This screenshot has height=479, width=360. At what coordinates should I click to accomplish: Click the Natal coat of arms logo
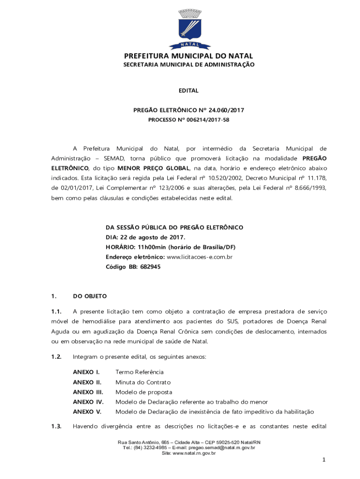click(x=188, y=29)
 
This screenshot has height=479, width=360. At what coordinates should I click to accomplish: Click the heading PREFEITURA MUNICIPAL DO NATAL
click(x=188, y=57)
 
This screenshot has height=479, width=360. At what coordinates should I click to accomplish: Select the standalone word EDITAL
click(x=188, y=91)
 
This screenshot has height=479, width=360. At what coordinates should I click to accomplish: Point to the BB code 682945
click(x=150, y=267)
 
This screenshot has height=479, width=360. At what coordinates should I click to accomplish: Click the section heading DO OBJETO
click(x=90, y=296)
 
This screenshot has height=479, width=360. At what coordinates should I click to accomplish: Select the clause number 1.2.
click(x=57, y=357)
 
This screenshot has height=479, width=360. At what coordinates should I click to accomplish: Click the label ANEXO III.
click(x=88, y=392)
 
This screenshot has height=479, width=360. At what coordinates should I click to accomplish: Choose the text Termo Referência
click(x=139, y=372)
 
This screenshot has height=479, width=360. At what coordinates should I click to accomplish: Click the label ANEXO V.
click(x=87, y=412)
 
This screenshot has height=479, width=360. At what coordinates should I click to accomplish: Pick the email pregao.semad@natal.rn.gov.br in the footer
click(x=222, y=448)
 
